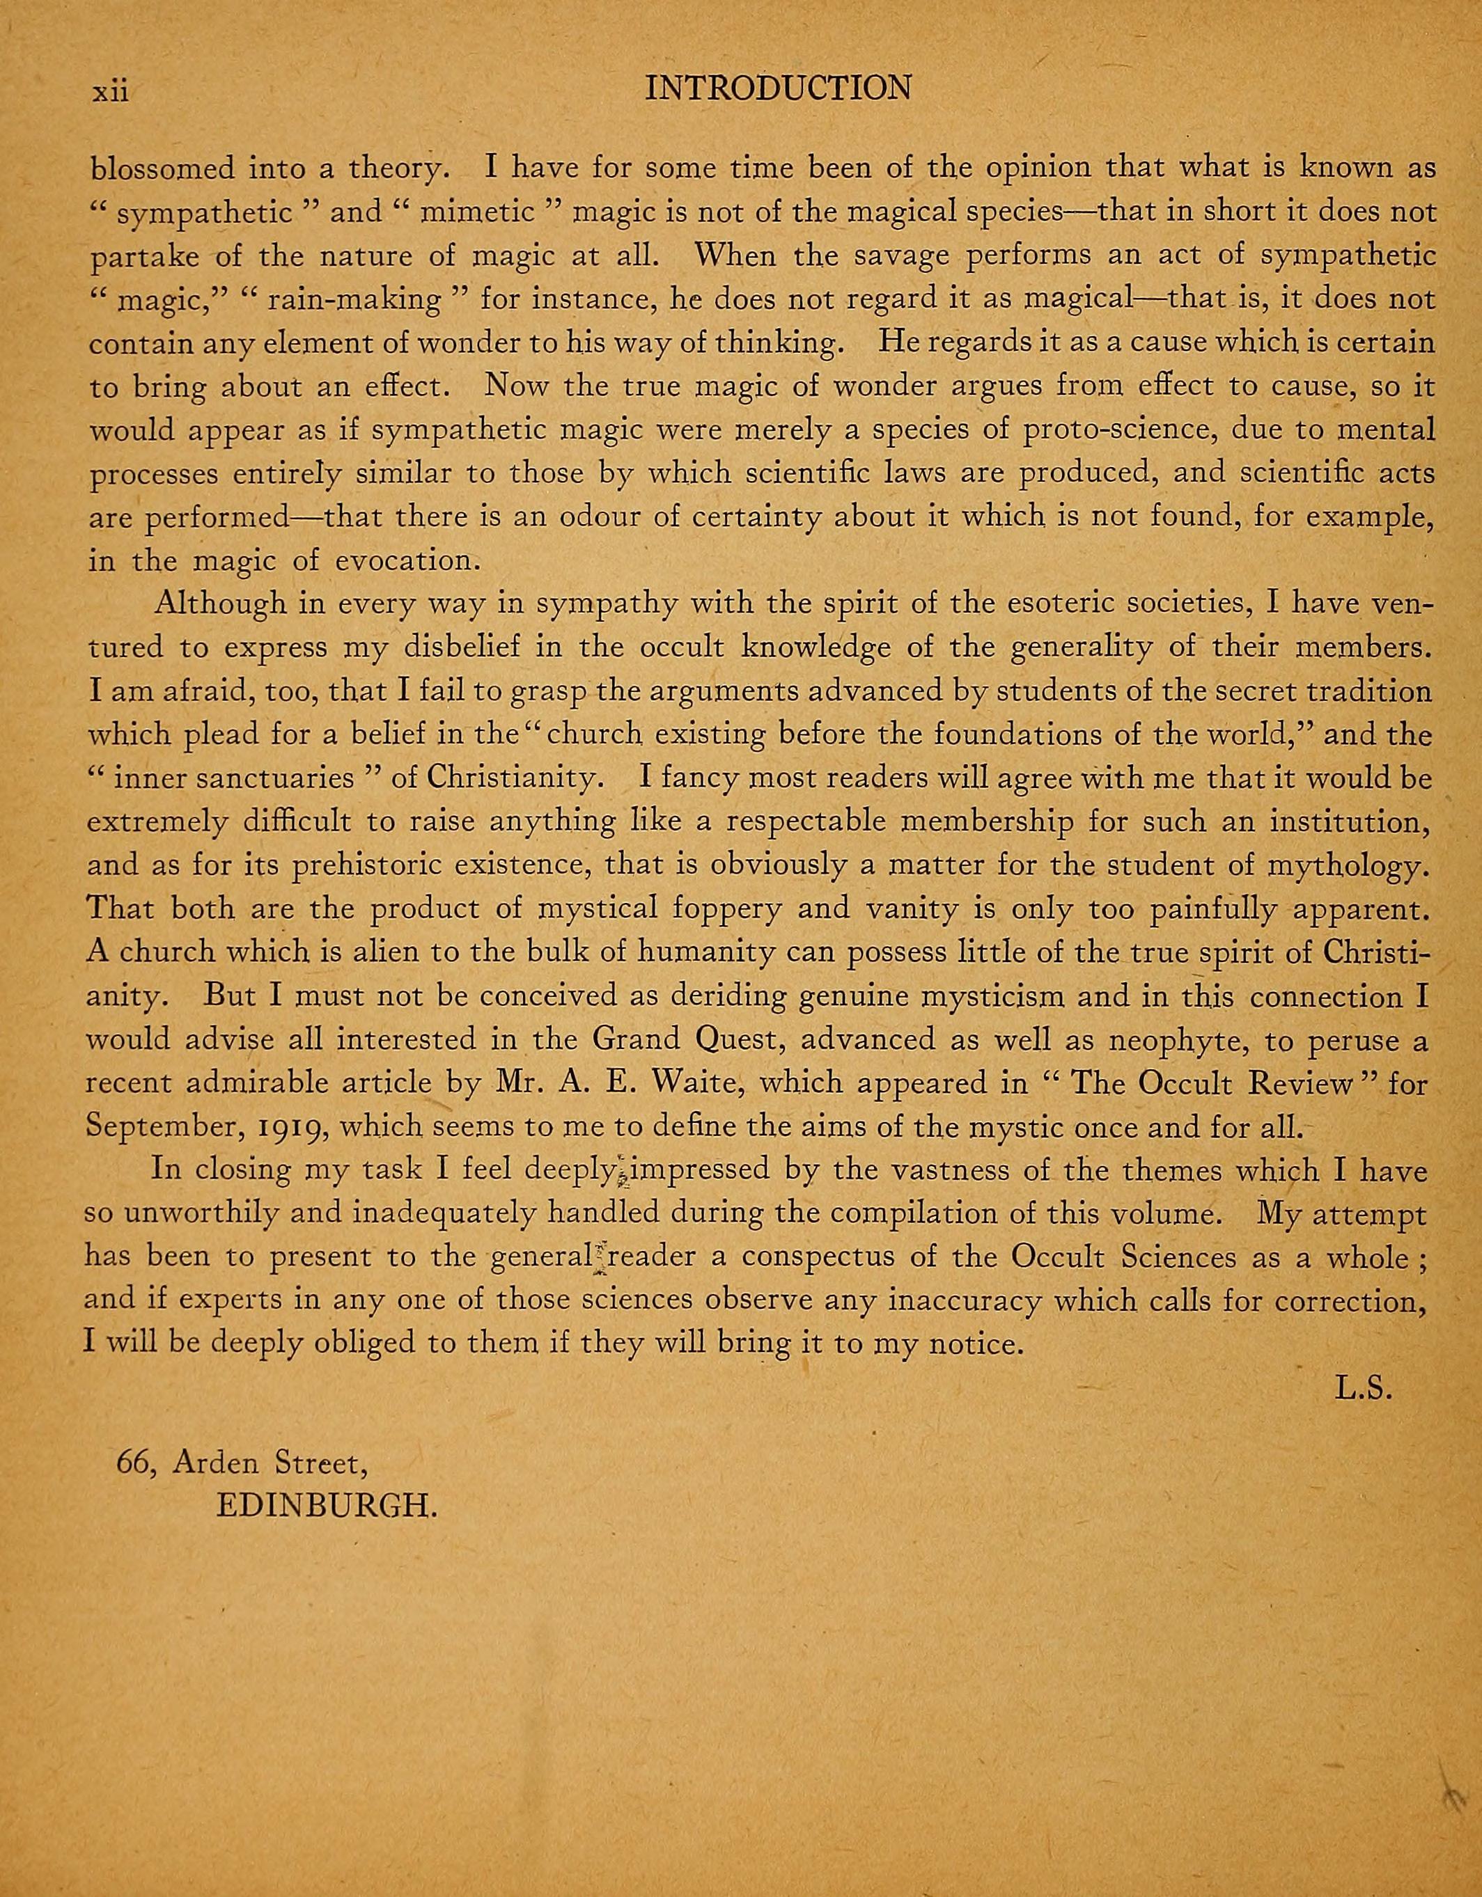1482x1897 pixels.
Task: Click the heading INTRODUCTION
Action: (x=779, y=88)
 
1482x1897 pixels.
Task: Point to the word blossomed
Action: (x=162, y=168)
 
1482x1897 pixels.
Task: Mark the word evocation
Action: (x=408, y=561)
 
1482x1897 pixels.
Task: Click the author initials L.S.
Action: (x=1364, y=1389)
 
